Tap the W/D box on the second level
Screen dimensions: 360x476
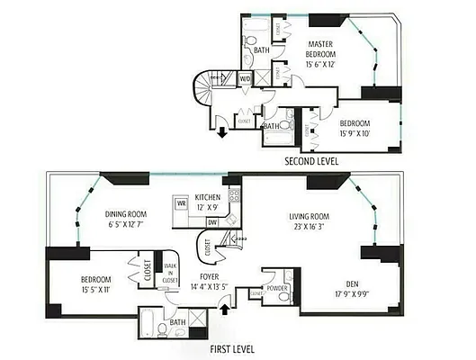pos(245,80)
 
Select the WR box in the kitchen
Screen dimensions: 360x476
pos(181,204)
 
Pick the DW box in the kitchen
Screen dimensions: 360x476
pos(211,221)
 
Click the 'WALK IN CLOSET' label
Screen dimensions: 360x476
pos(169,272)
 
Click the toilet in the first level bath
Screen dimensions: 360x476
pos(158,329)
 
